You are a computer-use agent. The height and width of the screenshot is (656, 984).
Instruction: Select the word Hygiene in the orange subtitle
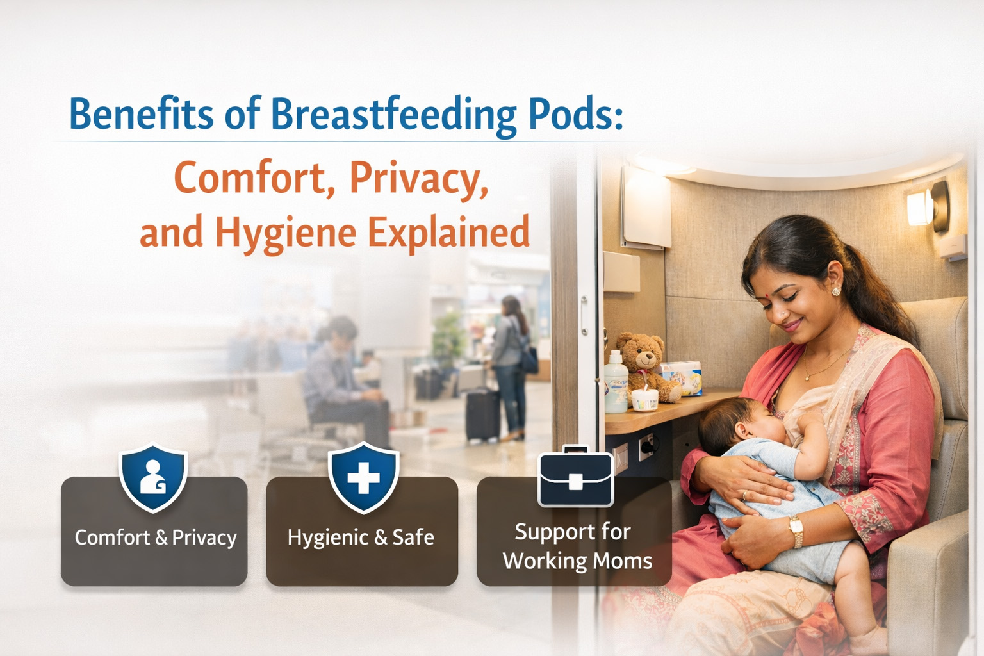point(285,233)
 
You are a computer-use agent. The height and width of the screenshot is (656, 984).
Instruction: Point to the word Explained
point(448,233)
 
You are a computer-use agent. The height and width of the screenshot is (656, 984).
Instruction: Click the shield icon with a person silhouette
point(153,478)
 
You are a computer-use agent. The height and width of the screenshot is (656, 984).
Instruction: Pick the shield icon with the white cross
point(363,478)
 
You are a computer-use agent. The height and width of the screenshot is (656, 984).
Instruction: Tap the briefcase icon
point(575,477)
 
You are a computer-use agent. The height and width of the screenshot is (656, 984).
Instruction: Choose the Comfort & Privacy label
point(156,537)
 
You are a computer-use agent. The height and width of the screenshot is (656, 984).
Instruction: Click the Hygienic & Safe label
point(361,537)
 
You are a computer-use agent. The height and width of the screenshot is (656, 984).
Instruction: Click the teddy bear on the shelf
point(646,366)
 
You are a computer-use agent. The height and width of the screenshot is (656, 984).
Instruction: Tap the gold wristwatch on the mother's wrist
point(796,530)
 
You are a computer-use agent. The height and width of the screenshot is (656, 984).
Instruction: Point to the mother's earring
point(836,291)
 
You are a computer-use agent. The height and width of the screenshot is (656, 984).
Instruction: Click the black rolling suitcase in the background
point(482,414)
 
